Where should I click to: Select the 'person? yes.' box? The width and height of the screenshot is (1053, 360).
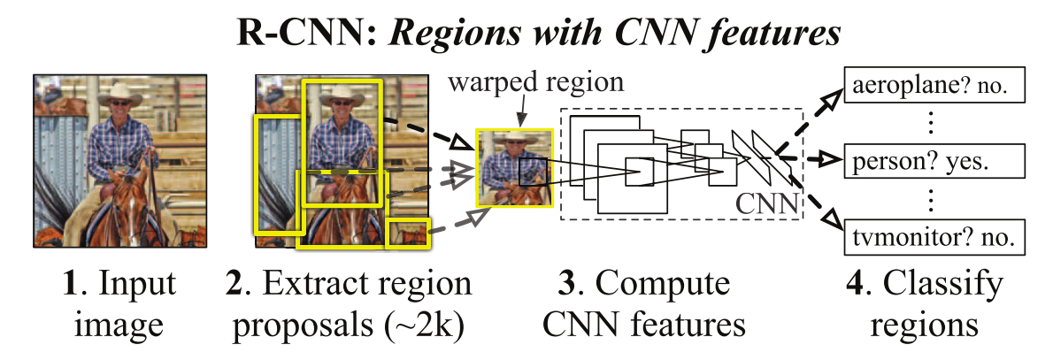(942, 163)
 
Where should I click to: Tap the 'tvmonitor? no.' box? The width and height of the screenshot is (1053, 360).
(942, 237)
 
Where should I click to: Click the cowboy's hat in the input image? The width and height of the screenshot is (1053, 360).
(117, 87)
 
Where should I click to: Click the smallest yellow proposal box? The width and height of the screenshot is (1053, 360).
(408, 232)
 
